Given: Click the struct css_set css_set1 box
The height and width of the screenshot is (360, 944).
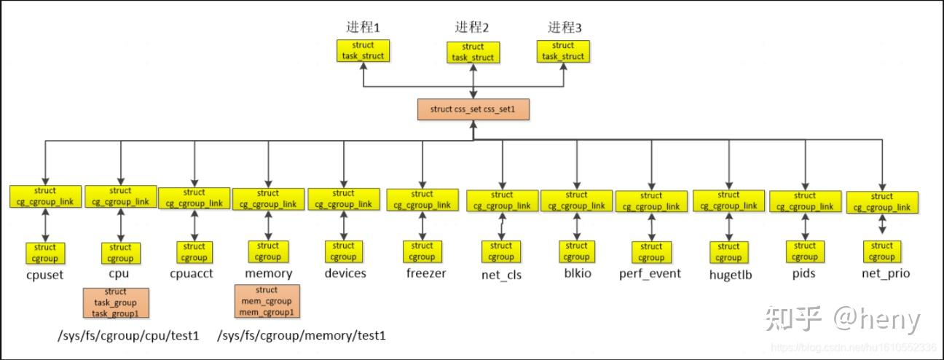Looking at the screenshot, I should tap(473, 109).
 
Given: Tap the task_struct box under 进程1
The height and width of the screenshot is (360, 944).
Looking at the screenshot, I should tap(363, 50).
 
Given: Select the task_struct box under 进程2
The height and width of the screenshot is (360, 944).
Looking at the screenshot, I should tap(473, 52).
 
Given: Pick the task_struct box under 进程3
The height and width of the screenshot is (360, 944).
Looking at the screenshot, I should tap(563, 50).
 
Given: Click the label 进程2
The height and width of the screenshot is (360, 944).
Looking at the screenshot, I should tap(472, 28).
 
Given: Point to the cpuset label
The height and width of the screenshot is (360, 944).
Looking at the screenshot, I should tap(44, 275).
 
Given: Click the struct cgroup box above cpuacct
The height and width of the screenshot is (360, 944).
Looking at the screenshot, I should tap(194, 252).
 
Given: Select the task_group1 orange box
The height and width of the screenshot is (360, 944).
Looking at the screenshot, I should tap(116, 302).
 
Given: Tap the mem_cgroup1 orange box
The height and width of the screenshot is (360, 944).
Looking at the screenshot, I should tap(267, 301).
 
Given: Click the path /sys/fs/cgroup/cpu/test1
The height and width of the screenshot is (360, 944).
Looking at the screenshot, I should tap(128, 336).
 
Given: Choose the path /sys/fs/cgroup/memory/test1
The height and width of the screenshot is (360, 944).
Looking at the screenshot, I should tap(302, 336).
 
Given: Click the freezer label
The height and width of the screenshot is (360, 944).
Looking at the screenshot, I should tap(425, 274).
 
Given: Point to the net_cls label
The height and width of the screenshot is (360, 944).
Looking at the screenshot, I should tap(501, 275).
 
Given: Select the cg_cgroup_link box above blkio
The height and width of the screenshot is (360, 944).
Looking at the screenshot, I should tap(576, 200).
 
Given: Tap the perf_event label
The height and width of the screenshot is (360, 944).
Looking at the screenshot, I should tap(650, 274).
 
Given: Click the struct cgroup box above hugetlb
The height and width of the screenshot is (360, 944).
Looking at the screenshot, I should tap(728, 252).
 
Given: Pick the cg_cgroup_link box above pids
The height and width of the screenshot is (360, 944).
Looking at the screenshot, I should tap(805, 201).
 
